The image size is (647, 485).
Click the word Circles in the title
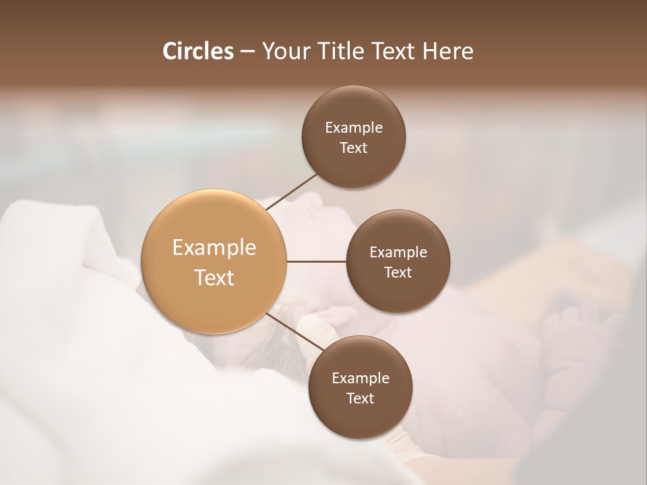coord(197,51)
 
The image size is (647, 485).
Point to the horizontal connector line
coord(316,261)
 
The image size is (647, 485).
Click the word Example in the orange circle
coord(214,248)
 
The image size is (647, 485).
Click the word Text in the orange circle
coord(214,278)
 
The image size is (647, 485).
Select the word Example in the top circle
coord(354,127)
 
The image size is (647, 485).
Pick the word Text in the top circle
coord(354,148)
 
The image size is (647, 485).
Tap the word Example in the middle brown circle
coord(398,252)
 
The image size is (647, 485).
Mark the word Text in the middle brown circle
coord(398,272)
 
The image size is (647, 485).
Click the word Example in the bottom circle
coord(361,378)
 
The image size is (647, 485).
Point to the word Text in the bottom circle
coord(361,398)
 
